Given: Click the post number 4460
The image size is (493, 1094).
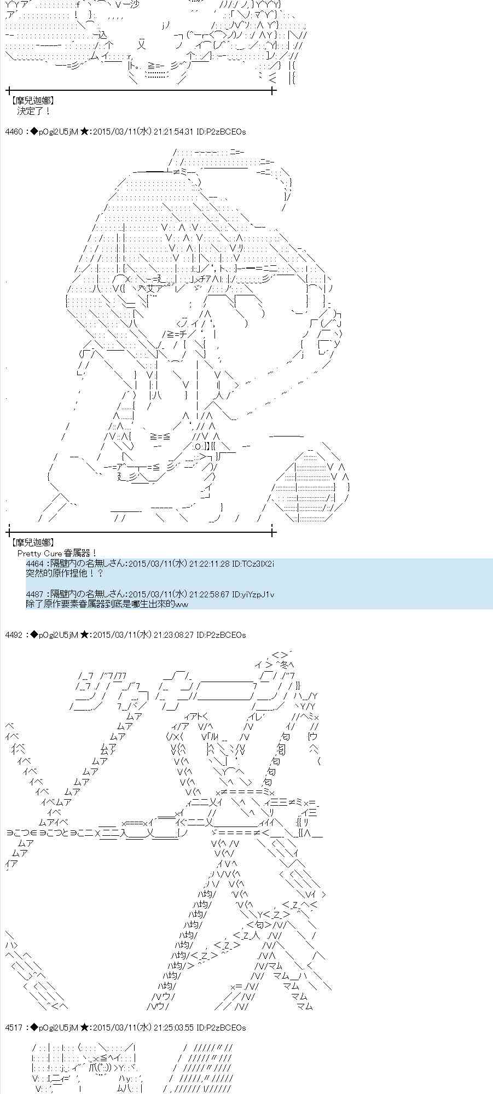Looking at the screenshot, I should tap(14, 132).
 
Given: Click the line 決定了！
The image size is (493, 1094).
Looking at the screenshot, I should tap(34, 111).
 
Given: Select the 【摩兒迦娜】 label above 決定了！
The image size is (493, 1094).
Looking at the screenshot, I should tap(32, 101).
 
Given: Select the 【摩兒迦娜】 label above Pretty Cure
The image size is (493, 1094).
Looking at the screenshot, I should tap(32, 543).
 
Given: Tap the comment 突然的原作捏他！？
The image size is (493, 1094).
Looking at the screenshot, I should tap(64, 574).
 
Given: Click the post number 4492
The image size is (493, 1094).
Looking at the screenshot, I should tap(14, 635).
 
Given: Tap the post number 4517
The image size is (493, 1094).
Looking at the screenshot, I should tap(14, 1028).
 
